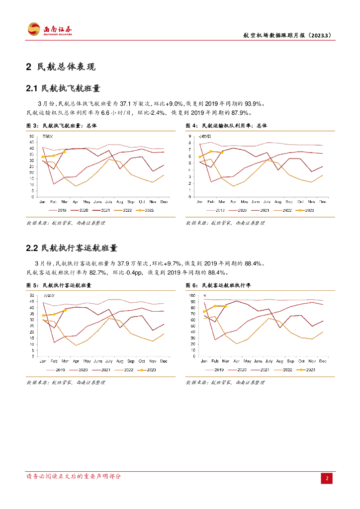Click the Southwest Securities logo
[x=50, y=29]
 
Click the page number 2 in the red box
[x=327, y=478]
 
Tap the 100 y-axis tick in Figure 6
[x=192, y=296]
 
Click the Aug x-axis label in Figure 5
[x=120, y=361]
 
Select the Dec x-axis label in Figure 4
[x=323, y=201]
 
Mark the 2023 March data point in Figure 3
[x=65, y=152]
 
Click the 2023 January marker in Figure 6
[x=204, y=312]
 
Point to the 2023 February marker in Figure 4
[x=211, y=151]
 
